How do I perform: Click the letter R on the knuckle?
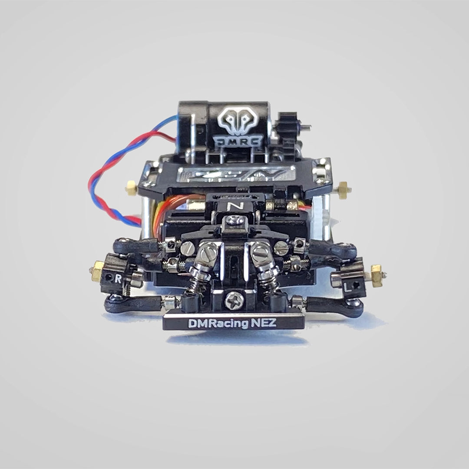coord(118,279)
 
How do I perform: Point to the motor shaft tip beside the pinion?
coord(307,127)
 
